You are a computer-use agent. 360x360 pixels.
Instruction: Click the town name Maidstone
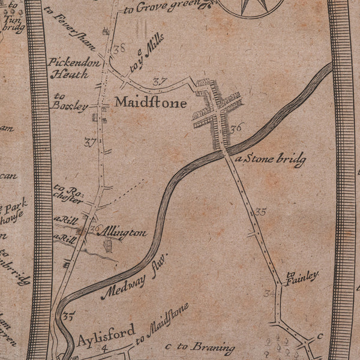click(x=151, y=103)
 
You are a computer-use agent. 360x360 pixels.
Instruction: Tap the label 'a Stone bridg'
click(x=271, y=160)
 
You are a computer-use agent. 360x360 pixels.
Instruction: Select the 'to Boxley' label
click(x=70, y=101)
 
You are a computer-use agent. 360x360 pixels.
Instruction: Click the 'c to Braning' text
click(x=199, y=347)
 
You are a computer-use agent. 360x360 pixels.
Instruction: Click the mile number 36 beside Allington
click(x=94, y=229)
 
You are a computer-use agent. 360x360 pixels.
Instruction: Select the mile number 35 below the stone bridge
click(x=260, y=212)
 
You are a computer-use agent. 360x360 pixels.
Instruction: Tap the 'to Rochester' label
click(x=68, y=193)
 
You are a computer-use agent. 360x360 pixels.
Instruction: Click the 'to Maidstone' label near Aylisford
click(x=162, y=324)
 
